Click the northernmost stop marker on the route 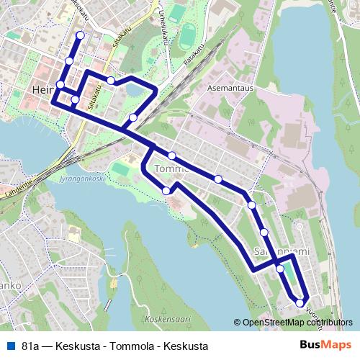tap(80, 35)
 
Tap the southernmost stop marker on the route tap(300, 303)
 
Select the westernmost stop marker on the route tap(60, 86)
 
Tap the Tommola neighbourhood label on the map tap(171, 169)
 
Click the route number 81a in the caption tap(31, 346)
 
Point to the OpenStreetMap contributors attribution tap(297, 323)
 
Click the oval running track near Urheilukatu tap(187, 34)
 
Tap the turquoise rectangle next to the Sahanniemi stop tap(287, 273)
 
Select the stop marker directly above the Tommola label tap(172, 156)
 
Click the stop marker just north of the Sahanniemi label tap(265, 232)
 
